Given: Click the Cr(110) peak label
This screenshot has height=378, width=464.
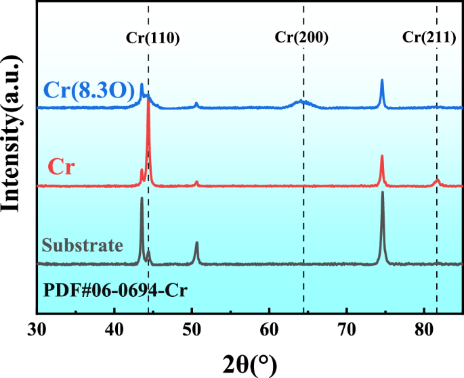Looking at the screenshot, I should (x=152, y=38).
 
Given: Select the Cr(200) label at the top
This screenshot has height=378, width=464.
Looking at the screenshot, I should (x=301, y=38).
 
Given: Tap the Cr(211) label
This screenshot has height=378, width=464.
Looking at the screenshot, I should (x=429, y=38).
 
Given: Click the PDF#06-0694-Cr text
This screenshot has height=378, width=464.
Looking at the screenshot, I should (x=115, y=291).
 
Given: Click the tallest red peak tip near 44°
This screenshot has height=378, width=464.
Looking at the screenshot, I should (x=148, y=108).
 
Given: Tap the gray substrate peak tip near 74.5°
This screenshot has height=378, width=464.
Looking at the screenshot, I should (x=382, y=193).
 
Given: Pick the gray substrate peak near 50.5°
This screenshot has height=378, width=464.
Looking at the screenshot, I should (x=196, y=243).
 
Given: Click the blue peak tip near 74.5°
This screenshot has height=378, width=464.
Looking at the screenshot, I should (x=382, y=80).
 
